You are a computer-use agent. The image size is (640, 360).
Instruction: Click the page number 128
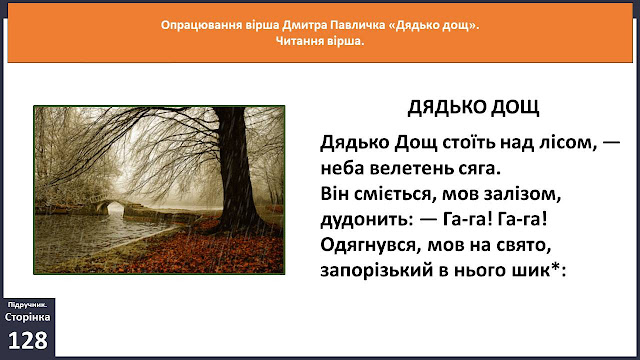coord(27,340)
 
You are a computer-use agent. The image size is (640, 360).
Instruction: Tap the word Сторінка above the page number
coord(27,317)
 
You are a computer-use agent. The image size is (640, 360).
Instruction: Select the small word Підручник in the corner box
coord(27,305)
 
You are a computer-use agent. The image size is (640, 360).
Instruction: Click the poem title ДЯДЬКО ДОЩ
coord(473,108)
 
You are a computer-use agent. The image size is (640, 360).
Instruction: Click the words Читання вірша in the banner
coord(320,41)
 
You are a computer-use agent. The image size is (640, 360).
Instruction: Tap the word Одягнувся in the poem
coord(371,246)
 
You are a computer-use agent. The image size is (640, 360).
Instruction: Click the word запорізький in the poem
coord(376,271)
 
